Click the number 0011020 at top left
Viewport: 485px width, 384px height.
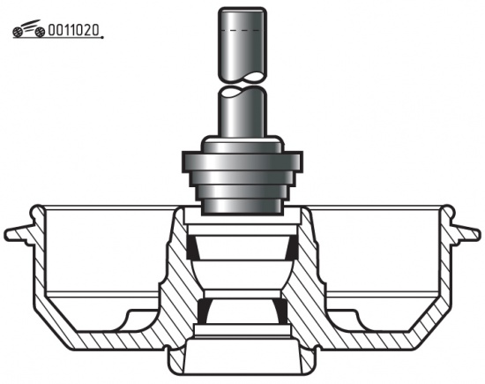tap(74, 30)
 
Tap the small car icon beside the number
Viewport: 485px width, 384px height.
tap(29, 29)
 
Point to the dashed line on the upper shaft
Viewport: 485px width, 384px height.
tap(241, 30)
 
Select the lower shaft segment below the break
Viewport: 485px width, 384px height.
tap(242, 112)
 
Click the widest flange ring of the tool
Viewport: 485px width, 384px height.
tap(242, 162)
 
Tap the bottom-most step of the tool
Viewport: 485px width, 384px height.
tap(242, 207)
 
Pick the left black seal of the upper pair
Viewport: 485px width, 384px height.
tap(193, 248)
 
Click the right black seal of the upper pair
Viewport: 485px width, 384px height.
tap(292, 248)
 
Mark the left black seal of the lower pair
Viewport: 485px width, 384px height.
tap(205, 312)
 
